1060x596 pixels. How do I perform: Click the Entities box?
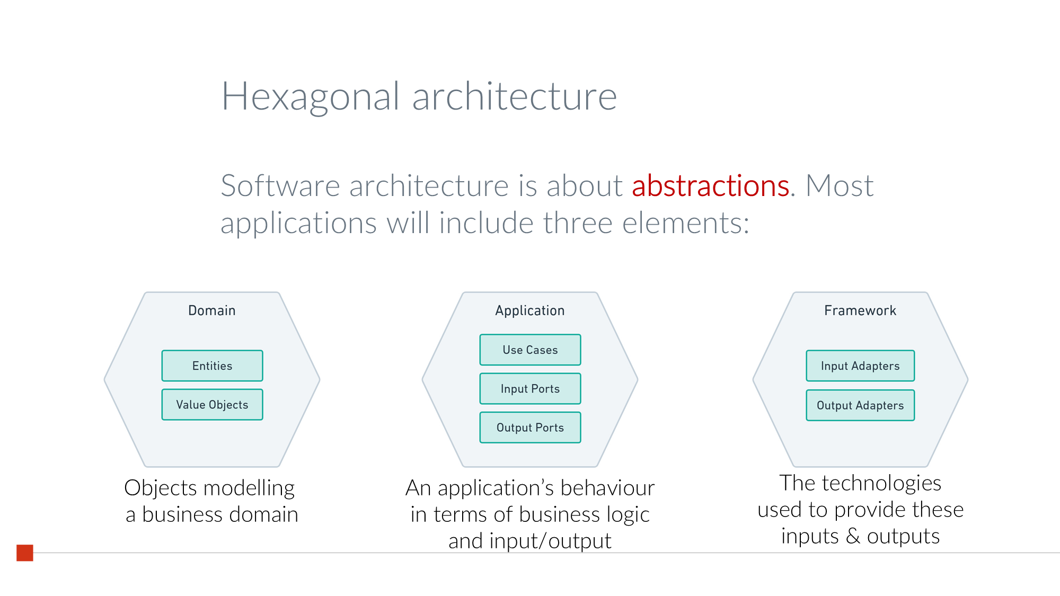pos(212,366)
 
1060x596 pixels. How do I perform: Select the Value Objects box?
pos(212,405)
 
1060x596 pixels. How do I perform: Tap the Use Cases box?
pos(530,350)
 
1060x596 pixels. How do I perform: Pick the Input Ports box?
pos(530,389)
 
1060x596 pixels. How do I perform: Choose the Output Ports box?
pos(530,428)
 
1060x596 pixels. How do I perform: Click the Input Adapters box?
pos(860,366)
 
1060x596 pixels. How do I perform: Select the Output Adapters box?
pos(860,405)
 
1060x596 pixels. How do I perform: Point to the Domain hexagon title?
pos(212,310)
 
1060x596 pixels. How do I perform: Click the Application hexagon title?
pos(530,310)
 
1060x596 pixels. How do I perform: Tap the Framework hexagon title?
pos(860,310)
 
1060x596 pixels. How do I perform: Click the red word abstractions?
pos(710,186)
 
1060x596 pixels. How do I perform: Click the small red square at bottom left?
pos(25,553)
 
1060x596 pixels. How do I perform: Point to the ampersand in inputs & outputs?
pos(853,536)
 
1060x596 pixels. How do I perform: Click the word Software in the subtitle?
pos(280,186)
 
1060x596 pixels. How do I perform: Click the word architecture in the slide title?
pos(514,97)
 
